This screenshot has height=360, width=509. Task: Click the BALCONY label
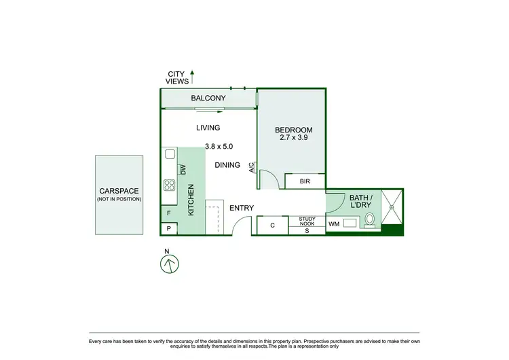(x=208, y=98)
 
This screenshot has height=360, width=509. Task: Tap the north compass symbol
(x=168, y=262)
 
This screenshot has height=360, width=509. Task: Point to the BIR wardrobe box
(x=305, y=181)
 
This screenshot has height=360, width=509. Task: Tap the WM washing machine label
(x=334, y=223)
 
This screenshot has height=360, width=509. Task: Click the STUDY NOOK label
(x=307, y=220)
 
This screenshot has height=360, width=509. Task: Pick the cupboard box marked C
(x=272, y=225)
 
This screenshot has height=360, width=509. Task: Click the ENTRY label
(x=241, y=208)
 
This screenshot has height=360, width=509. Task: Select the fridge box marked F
(x=169, y=213)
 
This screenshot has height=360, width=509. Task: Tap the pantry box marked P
(x=169, y=229)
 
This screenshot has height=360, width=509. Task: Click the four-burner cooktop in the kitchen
(x=169, y=185)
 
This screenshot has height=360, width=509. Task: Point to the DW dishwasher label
(x=183, y=169)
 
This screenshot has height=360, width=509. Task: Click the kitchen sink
(x=169, y=159)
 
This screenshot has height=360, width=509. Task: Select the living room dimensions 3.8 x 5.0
(x=219, y=146)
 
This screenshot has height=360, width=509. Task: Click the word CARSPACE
(x=119, y=191)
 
